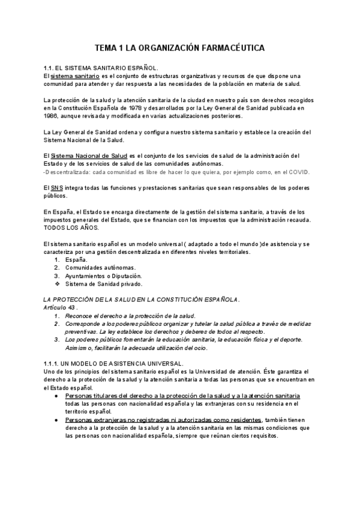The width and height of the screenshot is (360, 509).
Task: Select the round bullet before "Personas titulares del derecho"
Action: click(x=55, y=397)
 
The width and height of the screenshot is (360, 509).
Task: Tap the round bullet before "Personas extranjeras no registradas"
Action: click(x=55, y=420)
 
